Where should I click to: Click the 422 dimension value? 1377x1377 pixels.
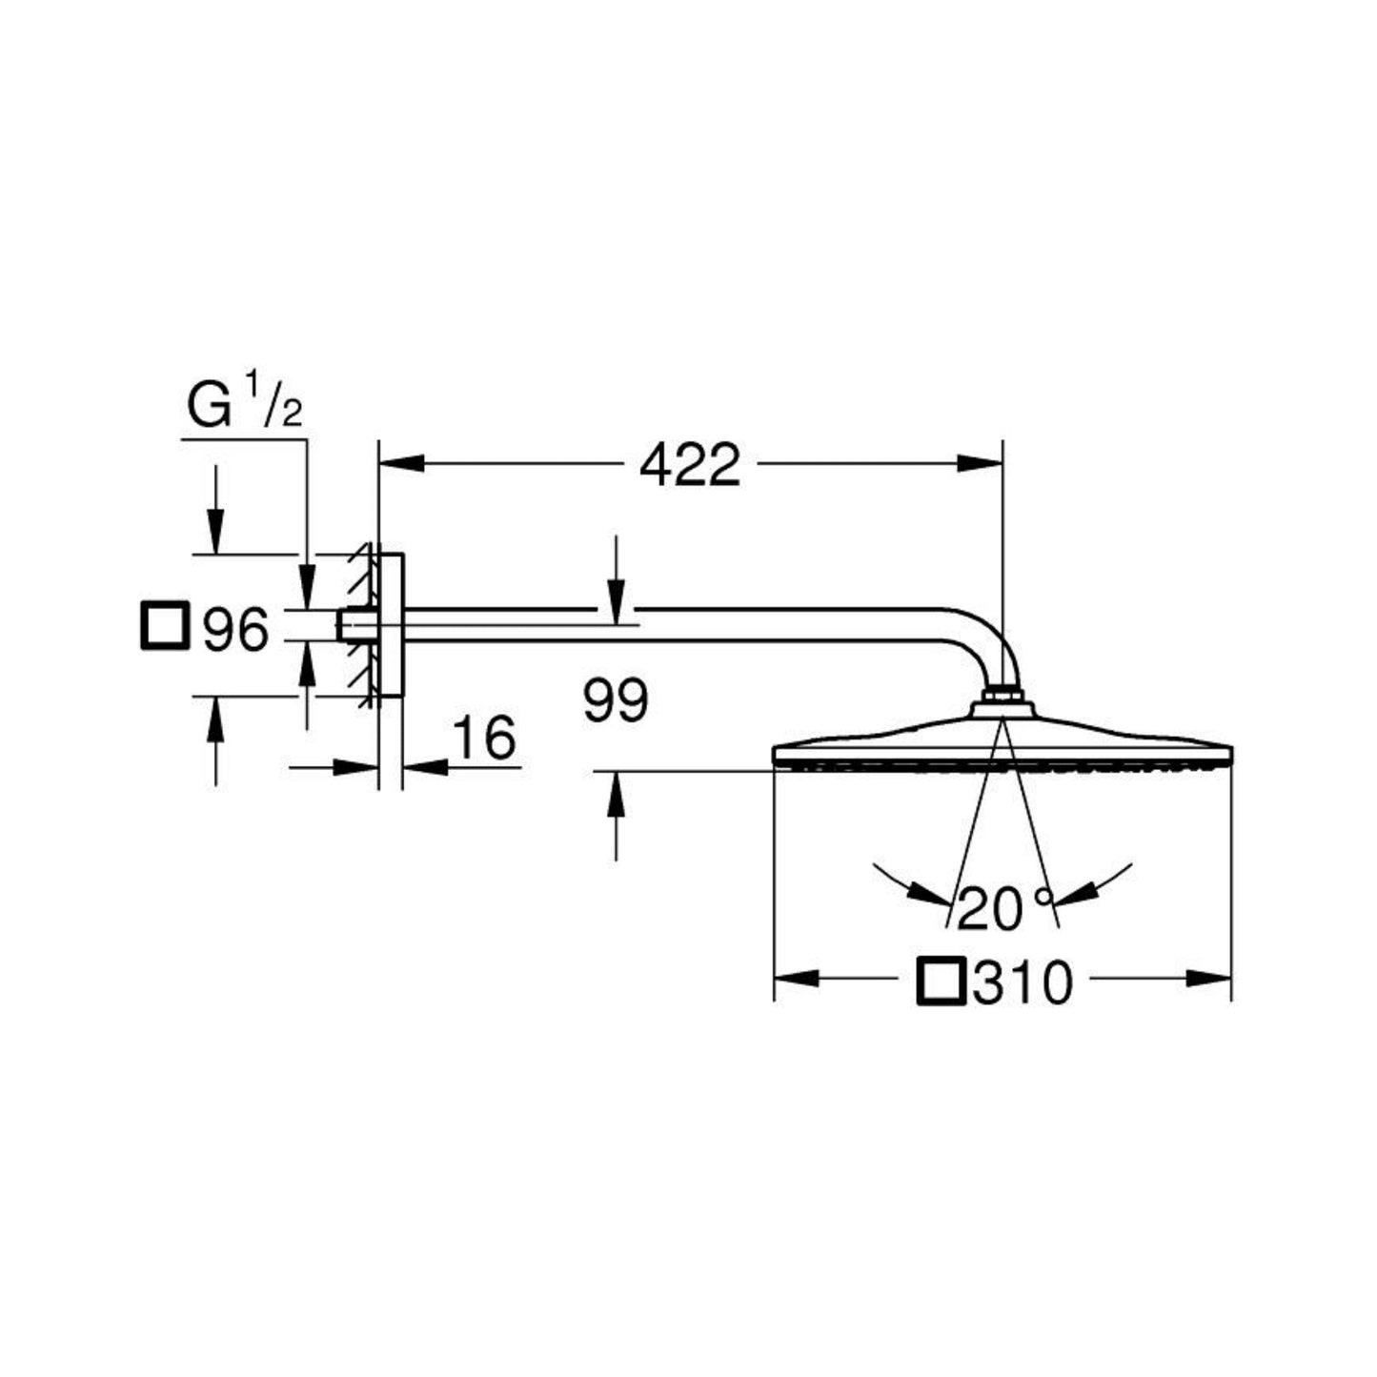pos(690,464)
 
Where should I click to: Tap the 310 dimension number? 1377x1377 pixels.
pos(1023,982)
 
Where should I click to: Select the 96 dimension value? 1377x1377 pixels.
pos(235,630)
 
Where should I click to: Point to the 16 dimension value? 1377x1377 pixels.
pos(484,738)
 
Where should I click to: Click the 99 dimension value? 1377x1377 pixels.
pos(616,701)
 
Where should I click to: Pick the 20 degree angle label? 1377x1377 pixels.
pos(1004,908)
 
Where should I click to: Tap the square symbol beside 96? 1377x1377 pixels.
pos(166,625)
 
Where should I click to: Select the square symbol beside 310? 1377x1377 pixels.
pos(942,982)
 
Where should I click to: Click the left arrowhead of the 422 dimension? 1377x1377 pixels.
pos(401,463)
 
